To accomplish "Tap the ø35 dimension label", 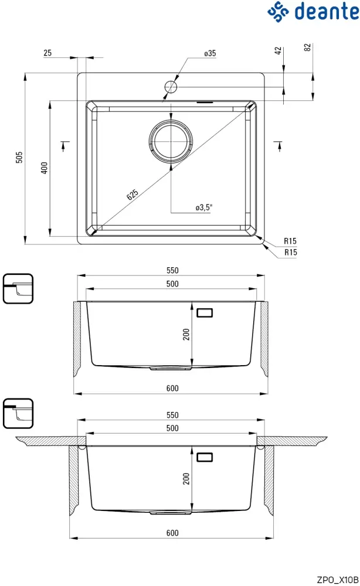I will (x=210, y=53).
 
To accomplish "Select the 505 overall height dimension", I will (x=19, y=157).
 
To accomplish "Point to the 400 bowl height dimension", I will (x=43, y=168).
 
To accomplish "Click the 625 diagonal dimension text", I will (x=133, y=195).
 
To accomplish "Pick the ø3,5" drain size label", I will (x=203, y=207).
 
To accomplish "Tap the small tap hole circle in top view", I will (x=171, y=87).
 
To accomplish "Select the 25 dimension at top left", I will (x=47, y=53).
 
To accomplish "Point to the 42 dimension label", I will (x=279, y=51).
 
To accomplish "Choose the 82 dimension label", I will (x=307, y=47).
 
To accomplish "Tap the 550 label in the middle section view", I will (x=172, y=271).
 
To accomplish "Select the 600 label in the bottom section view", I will (x=172, y=533).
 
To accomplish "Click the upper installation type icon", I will (x=18, y=288).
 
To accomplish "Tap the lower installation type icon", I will (x=18, y=414).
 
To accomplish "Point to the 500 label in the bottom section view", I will (x=172, y=428).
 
